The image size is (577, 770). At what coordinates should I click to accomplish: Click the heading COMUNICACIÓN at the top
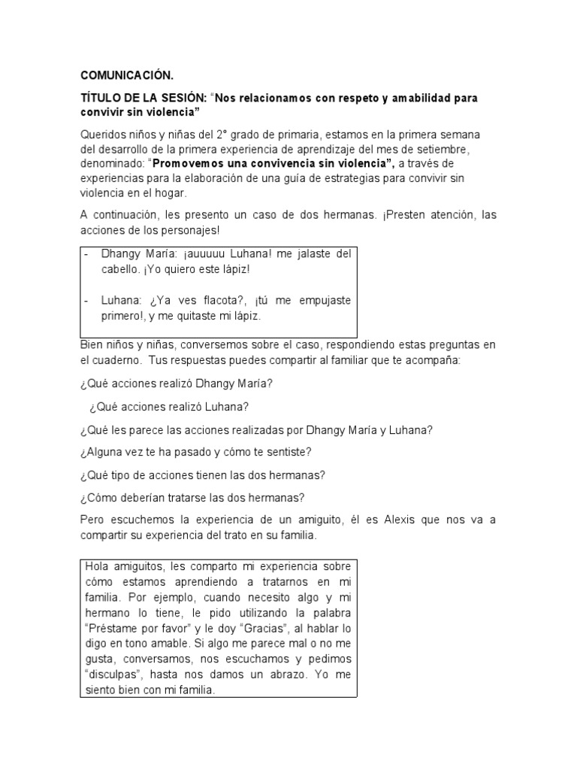[x=126, y=75]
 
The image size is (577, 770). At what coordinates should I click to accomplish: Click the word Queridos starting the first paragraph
[x=102, y=135]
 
